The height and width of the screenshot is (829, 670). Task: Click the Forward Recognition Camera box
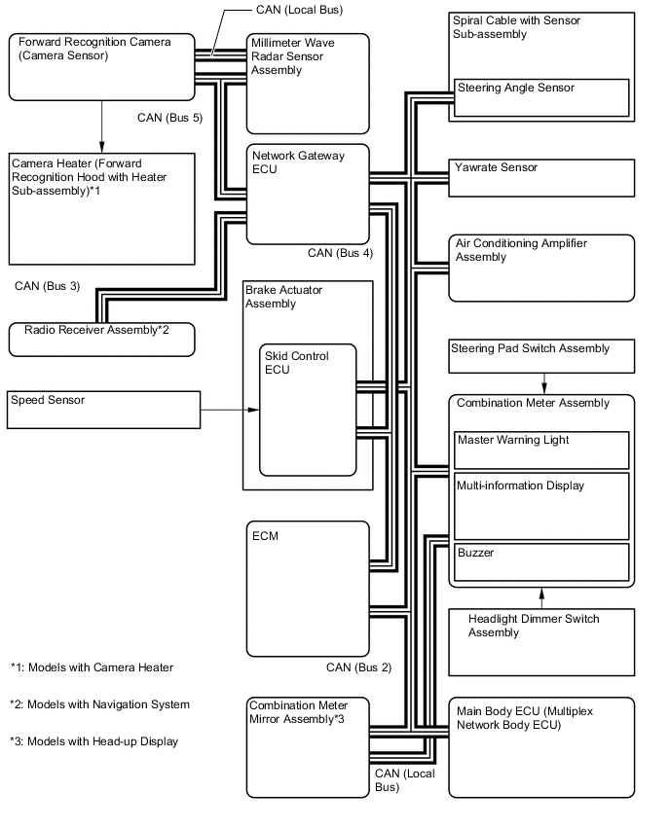click(102, 66)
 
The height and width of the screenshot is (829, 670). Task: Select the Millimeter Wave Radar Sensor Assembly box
click(308, 84)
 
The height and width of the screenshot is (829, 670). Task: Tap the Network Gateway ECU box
click(308, 194)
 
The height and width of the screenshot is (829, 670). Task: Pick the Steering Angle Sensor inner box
click(541, 97)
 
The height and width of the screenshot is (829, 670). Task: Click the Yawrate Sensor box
click(541, 177)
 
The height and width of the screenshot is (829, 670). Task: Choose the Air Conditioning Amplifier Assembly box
click(541, 267)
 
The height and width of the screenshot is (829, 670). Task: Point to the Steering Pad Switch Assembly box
click(541, 355)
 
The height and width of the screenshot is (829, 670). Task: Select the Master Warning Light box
click(541, 450)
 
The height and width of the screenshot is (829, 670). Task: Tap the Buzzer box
click(541, 560)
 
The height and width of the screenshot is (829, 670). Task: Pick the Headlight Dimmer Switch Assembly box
click(541, 637)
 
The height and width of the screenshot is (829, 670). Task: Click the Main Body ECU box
click(541, 745)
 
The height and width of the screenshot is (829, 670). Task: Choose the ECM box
click(308, 588)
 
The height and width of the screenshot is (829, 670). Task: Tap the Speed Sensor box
click(102, 409)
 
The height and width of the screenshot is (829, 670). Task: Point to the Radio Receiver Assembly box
click(102, 338)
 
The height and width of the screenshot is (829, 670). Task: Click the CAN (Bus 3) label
click(48, 286)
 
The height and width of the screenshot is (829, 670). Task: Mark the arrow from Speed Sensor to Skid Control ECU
click(230, 410)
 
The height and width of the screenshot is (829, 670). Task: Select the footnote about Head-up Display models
click(94, 741)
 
